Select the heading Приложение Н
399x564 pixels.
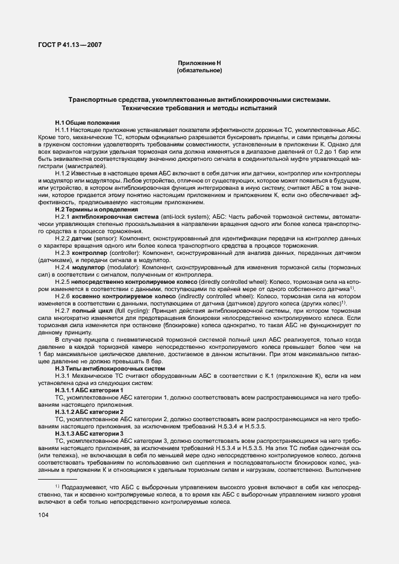pyautogui.click(x=199, y=63)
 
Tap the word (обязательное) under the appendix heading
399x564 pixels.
pyautogui.click(x=199, y=70)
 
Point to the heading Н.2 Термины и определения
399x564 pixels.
pyautogui.click(x=96, y=209)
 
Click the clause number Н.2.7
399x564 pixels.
pyautogui.click(x=63, y=310)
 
